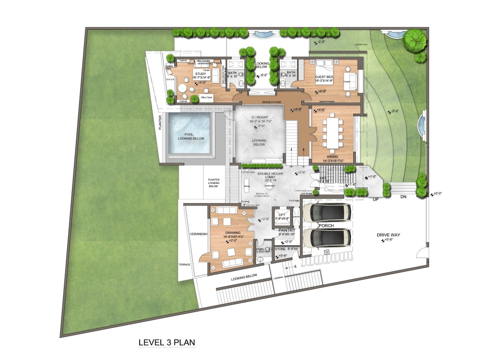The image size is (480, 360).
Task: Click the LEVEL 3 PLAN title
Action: (166, 343)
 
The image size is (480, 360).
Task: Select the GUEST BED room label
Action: (324, 77)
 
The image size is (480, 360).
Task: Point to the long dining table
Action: (332, 132)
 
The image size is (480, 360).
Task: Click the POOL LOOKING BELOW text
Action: (191, 136)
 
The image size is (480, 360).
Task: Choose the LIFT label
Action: (282, 215)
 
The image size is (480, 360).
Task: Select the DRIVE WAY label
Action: (388, 235)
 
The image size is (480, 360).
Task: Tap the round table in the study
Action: (182, 89)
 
